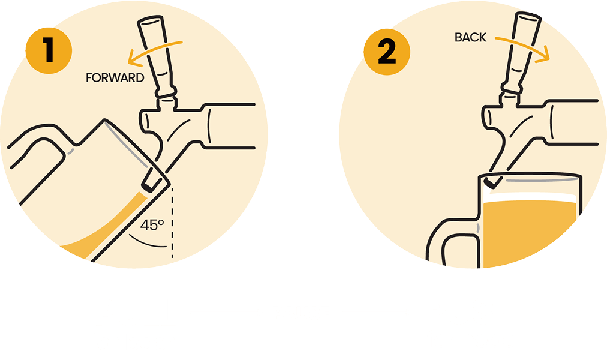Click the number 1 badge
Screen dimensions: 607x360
pos(49,51)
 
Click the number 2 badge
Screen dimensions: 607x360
pos(387,52)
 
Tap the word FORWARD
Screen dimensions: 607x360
pos(115,78)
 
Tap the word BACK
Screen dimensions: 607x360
pos(470,38)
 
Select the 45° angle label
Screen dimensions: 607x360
pos(152,225)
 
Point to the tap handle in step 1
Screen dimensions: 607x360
pos(156,56)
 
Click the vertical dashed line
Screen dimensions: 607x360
pos(172,222)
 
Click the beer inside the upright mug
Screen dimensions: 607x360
pos(528,232)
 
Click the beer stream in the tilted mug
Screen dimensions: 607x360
pos(109,229)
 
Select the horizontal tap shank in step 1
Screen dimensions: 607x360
pos(229,126)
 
